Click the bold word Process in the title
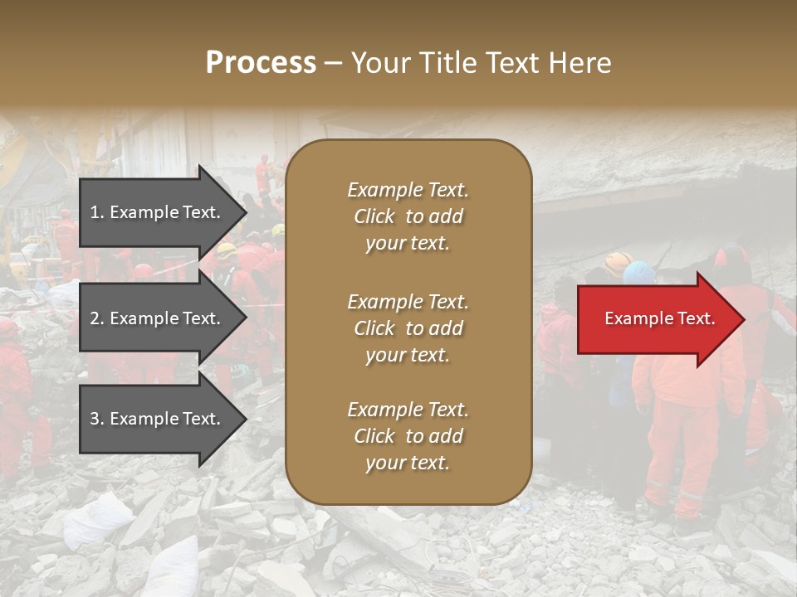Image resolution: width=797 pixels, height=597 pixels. pos(261,63)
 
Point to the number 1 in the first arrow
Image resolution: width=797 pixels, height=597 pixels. pos(95,212)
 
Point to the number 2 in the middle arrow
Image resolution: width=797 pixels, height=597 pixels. pos(95,318)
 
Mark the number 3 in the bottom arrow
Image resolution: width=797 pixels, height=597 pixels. pos(95,419)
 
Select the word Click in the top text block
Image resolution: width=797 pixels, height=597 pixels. pos(374,216)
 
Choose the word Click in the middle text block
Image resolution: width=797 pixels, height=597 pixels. pos(374,328)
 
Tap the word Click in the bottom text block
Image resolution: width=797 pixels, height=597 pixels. pos(374,436)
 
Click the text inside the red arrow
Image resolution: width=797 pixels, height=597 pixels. pos(660,319)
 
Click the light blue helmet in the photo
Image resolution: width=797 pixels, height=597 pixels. pos(639,272)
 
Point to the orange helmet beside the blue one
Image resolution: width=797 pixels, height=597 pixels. pos(616,263)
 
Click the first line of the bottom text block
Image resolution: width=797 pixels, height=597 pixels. pos(408,410)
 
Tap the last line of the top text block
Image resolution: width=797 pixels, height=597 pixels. pos(408,244)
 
